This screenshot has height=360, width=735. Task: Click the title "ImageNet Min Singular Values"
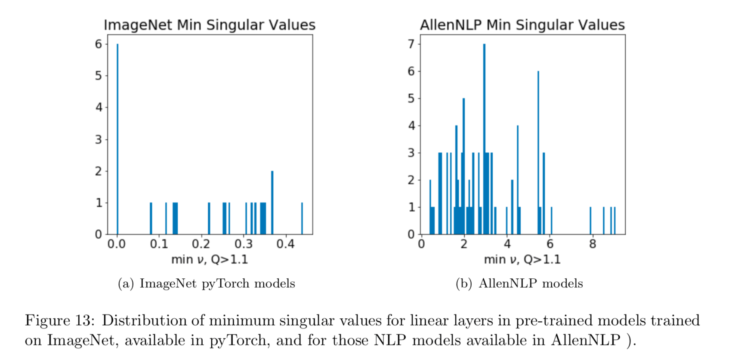pyautogui.click(x=210, y=25)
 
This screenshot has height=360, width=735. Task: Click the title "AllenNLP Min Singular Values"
pyautogui.click(x=522, y=25)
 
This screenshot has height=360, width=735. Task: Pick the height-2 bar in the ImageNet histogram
pyautogui.click(x=272, y=203)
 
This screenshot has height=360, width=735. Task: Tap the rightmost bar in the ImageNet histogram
pyautogui.click(x=302, y=218)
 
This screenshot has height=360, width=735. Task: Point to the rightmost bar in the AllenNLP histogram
pyautogui.click(x=615, y=221)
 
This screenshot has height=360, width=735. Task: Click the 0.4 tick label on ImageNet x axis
pyautogui.click(x=285, y=245)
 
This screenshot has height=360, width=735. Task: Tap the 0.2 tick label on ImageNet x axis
pyautogui.click(x=201, y=245)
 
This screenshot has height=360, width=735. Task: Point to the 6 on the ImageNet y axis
pyautogui.click(x=99, y=44)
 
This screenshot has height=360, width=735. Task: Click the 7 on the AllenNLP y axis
pyautogui.click(x=411, y=44)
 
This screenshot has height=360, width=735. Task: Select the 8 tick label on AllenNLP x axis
pyautogui.click(x=593, y=245)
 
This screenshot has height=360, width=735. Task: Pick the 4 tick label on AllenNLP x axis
pyautogui.click(x=507, y=245)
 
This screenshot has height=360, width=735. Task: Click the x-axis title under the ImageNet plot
pyautogui.click(x=210, y=259)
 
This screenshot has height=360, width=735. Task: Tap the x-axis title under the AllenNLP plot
pyautogui.click(x=522, y=259)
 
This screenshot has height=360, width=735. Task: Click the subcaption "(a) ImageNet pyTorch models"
pyautogui.click(x=207, y=283)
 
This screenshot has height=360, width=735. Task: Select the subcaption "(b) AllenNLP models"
pyautogui.click(x=519, y=283)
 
